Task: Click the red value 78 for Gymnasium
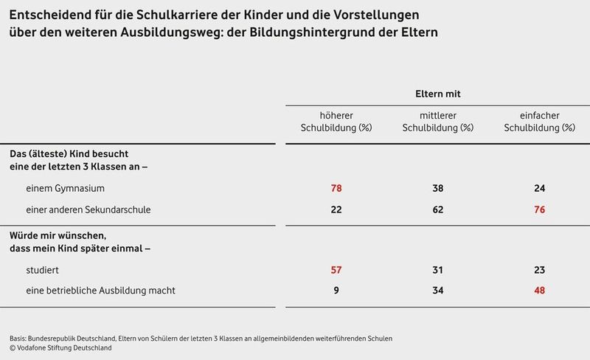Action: click(336, 188)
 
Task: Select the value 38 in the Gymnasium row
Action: click(438, 188)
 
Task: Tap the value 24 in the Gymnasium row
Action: click(539, 188)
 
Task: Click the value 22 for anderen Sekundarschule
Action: click(336, 210)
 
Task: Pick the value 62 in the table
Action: click(438, 210)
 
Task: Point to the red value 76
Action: click(539, 210)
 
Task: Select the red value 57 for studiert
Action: click(336, 271)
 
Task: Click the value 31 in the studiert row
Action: click(438, 271)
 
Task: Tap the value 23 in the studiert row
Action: click(539, 271)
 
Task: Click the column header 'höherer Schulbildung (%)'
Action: click(336, 121)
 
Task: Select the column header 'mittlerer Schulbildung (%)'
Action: click(438, 121)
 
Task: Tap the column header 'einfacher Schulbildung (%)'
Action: click(539, 121)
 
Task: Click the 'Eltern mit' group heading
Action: click(438, 94)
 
